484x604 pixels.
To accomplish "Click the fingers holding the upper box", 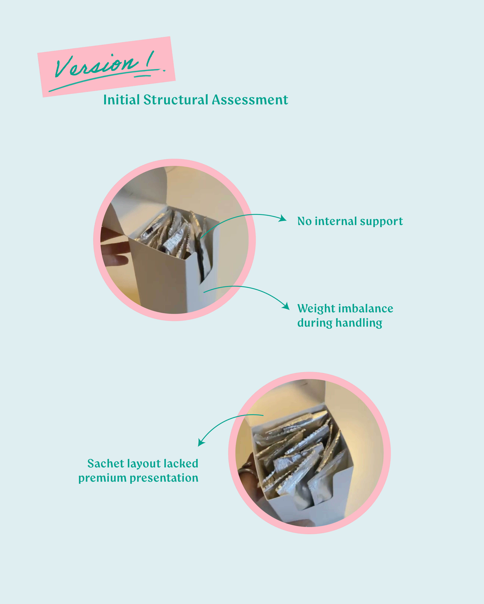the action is click(114, 247).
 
